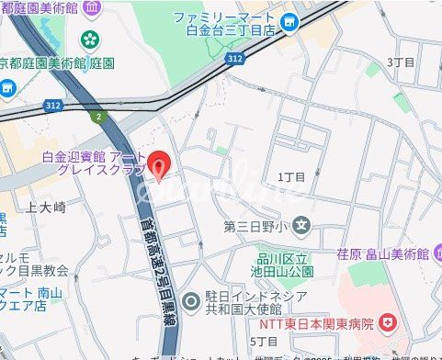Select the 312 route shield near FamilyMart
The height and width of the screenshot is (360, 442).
click(x=235, y=58)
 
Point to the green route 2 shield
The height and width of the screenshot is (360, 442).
click(x=97, y=116)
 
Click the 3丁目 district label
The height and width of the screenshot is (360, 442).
click(x=401, y=62)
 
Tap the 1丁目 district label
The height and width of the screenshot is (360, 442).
click(x=290, y=176)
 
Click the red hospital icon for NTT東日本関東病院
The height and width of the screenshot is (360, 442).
click(x=389, y=322)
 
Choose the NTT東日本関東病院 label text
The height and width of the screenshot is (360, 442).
click(x=315, y=323)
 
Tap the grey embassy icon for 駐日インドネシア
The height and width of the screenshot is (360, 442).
click(x=191, y=299)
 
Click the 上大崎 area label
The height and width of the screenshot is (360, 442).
click(x=46, y=207)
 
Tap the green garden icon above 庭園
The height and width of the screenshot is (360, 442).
click(x=90, y=39)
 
